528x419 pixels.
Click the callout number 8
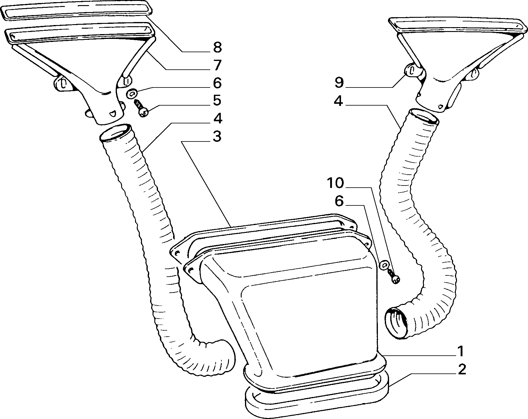217,47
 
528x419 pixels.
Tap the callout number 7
217,65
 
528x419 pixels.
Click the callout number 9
339,82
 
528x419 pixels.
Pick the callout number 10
335,183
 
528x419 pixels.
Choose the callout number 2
461,369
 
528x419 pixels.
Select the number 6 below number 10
339,201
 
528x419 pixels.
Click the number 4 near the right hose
339,102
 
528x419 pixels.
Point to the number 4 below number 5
217,119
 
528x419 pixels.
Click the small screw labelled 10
393,276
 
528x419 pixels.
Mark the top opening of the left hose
116,133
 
